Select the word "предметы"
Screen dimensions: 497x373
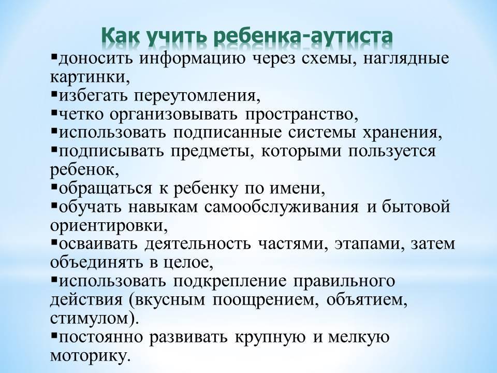pos(213,152)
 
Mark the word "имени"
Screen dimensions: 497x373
pos(297,189)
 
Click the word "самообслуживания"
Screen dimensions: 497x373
pos(282,207)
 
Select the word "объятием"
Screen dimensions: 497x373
pos(367,300)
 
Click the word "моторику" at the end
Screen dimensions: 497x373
pos(90,356)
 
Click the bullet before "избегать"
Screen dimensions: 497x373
pos(53,94)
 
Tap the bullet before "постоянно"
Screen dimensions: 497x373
pos(53,335)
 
